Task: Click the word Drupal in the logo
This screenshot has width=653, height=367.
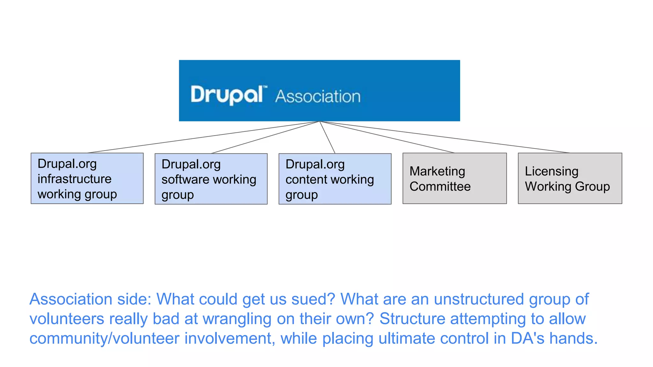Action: [227, 95]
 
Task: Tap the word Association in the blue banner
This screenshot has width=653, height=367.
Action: [318, 96]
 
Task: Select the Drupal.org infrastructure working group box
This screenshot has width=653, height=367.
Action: [87, 178]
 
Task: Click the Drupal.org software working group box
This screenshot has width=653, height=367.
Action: [211, 179]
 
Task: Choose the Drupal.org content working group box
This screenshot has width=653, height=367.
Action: [335, 179]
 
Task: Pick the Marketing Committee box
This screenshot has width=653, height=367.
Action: [454, 178]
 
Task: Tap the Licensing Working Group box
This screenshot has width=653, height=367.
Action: [570, 178]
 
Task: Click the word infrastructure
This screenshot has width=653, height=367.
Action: [74, 179]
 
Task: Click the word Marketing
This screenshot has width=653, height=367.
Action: [437, 171]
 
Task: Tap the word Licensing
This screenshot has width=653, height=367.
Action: [551, 171]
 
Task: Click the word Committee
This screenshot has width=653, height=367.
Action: [440, 186]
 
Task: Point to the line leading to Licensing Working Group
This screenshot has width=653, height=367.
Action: [446, 137]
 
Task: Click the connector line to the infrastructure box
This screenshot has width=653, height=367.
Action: [204, 137]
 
